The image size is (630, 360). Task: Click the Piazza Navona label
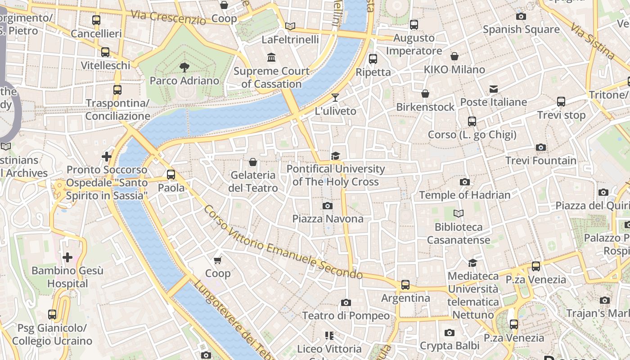pyautogui.click(x=328, y=219)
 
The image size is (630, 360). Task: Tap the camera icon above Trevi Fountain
pyautogui.click(x=541, y=147)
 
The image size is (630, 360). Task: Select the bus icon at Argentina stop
pyautogui.click(x=405, y=284)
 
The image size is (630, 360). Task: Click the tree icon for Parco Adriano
pyautogui.click(x=184, y=67)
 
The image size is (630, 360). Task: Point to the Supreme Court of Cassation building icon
pyautogui.click(x=271, y=57)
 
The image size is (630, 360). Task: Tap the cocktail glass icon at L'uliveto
pyautogui.click(x=335, y=97)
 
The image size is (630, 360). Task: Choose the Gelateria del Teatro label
pyautogui.click(x=253, y=181)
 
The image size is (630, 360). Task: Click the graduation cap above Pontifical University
pyautogui.click(x=335, y=156)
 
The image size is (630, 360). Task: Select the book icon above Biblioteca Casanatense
pyautogui.click(x=459, y=213)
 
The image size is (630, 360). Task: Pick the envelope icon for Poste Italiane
pyautogui.click(x=494, y=89)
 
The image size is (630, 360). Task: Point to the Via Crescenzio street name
pyautogui.click(x=168, y=17)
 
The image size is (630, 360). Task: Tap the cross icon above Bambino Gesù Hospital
pyautogui.click(x=67, y=257)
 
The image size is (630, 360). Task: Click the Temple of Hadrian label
pyautogui.click(x=465, y=195)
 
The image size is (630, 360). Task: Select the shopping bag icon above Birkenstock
pyautogui.click(x=425, y=94)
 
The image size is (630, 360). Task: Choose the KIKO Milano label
pyautogui.click(x=454, y=70)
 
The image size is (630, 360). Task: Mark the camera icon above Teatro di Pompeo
pyautogui.click(x=346, y=302)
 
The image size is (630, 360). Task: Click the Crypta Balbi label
pyautogui.click(x=449, y=346)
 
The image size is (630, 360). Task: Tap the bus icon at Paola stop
pyautogui.click(x=171, y=174)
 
